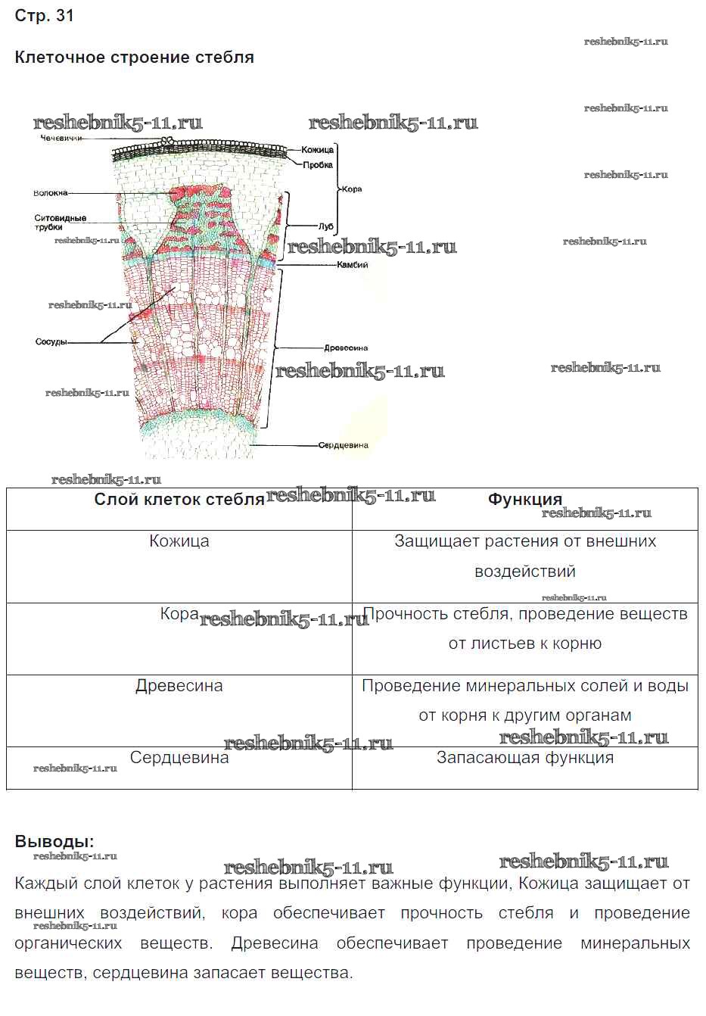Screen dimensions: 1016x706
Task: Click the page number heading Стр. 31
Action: (45, 16)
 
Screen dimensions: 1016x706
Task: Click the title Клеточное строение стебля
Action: (134, 58)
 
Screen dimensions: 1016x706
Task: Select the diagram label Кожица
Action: (317, 150)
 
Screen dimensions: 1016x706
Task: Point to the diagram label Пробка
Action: (318, 165)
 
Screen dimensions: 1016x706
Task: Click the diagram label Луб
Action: (326, 226)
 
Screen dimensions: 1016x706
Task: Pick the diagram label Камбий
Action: (353, 265)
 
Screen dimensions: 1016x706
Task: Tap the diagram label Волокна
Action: (51, 193)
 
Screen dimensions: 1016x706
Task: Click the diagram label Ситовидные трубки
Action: (61, 223)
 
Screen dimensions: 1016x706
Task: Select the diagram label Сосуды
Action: (51, 342)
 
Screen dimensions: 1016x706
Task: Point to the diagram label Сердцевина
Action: (343, 445)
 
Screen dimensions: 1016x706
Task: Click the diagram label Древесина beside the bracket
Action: (346, 348)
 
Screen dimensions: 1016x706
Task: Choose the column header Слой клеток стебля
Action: (179, 500)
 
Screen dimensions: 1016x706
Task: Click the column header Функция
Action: (525, 500)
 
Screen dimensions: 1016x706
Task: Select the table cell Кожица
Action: (179, 541)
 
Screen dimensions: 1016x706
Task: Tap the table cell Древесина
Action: (179, 686)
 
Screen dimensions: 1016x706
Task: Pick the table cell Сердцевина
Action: (179, 758)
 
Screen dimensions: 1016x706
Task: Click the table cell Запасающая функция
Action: (525, 758)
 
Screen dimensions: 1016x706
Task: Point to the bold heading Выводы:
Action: (54, 842)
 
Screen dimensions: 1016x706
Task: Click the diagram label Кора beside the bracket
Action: (352, 189)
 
